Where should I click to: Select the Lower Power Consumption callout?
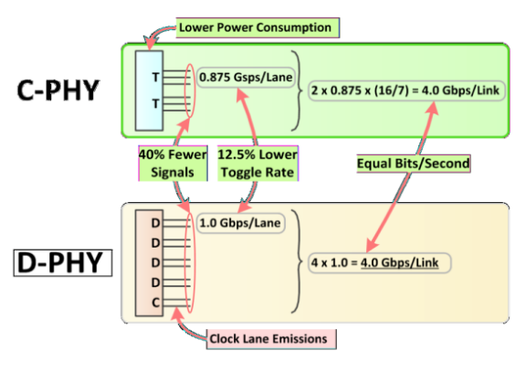coord(254,27)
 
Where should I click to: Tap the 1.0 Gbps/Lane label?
coord(239,221)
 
